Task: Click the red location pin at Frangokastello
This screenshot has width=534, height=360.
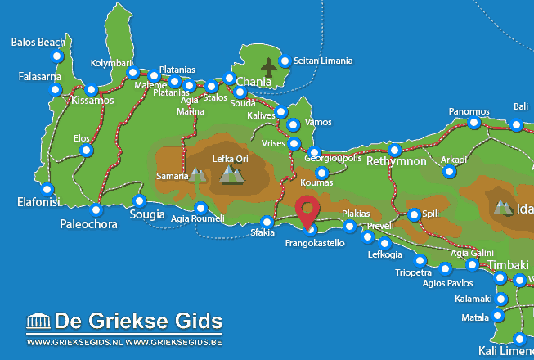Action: [307, 211]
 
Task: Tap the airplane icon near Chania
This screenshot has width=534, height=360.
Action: [268, 65]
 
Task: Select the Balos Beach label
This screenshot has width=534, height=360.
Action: [39, 42]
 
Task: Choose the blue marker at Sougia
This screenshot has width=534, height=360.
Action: [140, 200]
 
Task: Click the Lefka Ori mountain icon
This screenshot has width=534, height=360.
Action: [232, 174]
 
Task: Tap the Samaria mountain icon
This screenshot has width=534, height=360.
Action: [197, 174]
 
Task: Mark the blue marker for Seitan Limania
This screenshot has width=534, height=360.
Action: [285, 61]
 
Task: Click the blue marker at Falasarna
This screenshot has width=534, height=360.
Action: [56, 88]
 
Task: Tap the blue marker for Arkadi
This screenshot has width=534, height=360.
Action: [449, 172]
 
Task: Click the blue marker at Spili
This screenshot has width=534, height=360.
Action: [414, 214]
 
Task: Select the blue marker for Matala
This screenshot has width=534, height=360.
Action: [497, 316]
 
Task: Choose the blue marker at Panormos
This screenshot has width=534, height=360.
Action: [473, 123]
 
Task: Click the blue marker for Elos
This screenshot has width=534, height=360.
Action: [87, 151]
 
